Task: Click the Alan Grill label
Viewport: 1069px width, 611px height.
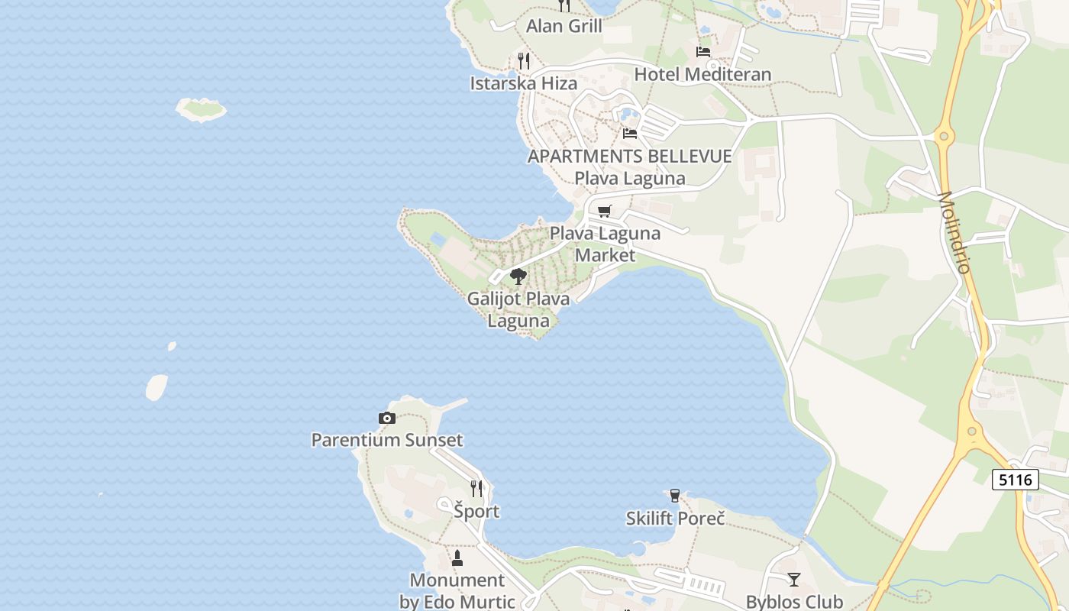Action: point(564,26)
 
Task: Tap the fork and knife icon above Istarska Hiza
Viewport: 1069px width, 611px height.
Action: point(523,60)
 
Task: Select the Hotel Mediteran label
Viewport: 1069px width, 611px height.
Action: point(702,74)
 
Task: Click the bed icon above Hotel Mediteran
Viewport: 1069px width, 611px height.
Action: point(703,51)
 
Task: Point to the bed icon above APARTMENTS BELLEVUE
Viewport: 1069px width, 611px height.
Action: point(630,133)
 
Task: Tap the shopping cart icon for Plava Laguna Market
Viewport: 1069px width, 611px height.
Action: point(605,211)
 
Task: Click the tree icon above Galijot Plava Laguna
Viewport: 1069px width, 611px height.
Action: point(518,276)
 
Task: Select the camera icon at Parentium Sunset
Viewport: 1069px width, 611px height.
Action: point(387,418)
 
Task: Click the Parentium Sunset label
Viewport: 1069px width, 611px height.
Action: point(386,440)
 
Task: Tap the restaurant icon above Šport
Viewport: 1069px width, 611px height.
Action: point(476,488)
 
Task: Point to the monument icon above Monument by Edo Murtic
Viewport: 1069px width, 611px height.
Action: point(457,558)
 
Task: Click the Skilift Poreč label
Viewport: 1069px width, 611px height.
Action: point(675,519)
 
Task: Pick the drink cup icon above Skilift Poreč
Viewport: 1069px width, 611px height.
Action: point(674,496)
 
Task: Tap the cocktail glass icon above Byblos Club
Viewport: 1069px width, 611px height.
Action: point(794,580)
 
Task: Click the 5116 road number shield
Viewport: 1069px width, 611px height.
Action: point(1016,480)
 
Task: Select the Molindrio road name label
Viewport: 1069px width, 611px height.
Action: point(954,232)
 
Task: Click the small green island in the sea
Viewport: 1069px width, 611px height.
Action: point(202,109)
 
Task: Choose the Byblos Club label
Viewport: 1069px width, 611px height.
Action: point(794,602)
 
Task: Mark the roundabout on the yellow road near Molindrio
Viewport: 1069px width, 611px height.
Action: point(945,137)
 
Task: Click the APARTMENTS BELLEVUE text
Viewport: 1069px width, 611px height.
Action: point(629,157)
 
